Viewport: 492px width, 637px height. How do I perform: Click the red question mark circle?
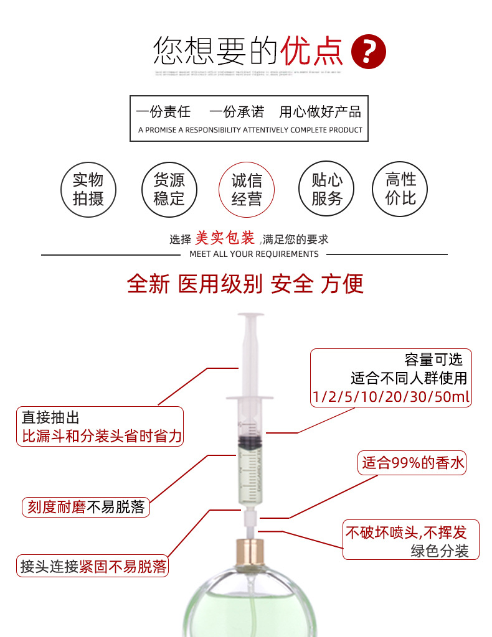click(x=369, y=52)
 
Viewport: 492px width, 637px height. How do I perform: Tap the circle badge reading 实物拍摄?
click(x=88, y=189)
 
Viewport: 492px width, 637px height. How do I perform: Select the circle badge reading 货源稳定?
click(x=168, y=189)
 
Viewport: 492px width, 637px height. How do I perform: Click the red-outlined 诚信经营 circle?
click(x=247, y=190)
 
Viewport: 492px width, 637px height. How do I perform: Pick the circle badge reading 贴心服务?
click(x=327, y=189)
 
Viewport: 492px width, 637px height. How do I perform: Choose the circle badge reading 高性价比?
click(x=400, y=189)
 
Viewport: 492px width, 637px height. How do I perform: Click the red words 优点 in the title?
click(x=312, y=52)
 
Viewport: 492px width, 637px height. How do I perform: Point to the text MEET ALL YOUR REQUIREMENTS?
click(x=253, y=254)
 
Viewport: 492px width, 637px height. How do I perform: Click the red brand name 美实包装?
click(x=225, y=238)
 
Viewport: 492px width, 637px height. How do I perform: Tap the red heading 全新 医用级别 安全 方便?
click(x=245, y=284)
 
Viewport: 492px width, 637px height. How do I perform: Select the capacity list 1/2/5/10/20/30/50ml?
click(x=392, y=397)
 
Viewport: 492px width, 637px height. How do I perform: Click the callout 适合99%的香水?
click(x=413, y=463)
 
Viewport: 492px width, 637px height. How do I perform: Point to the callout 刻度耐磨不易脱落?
click(x=85, y=507)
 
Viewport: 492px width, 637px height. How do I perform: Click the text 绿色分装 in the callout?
click(x=439, y=551)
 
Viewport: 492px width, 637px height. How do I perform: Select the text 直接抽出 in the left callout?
click(x=51, y=417)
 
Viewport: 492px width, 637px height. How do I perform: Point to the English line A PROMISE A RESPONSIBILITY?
click(x=250, y=130)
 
